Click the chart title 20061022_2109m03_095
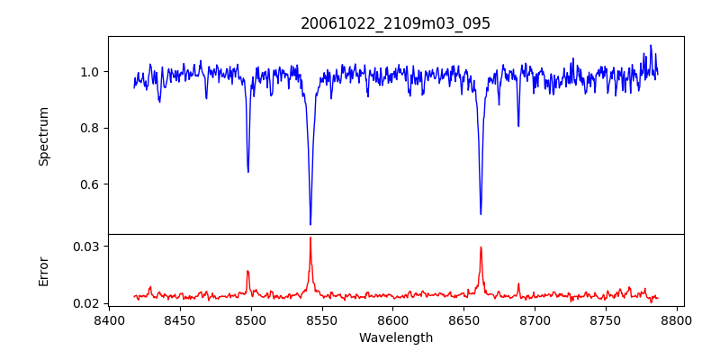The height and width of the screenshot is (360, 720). (395, 23)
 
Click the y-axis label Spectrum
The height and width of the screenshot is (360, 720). (43, 136)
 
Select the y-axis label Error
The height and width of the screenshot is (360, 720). (43, 271)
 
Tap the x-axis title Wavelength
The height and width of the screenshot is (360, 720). (395, 338)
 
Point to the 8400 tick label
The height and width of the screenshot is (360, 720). (109, 319)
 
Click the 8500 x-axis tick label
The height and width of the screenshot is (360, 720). (251, 319)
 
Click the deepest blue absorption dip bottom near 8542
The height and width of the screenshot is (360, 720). (310, 224)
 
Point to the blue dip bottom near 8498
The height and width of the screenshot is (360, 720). (248, 171)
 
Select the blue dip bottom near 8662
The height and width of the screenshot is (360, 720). (481, 213)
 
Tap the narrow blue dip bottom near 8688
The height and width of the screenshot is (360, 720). (518, 125)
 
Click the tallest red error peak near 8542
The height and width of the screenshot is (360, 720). (310, 238)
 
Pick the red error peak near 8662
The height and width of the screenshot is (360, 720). (481, 247)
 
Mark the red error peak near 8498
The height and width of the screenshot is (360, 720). (247, 271)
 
